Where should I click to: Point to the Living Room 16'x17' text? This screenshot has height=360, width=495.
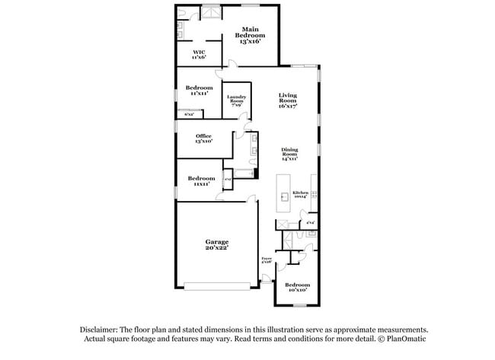tap(287, 100)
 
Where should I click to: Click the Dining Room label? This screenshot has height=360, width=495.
tap(289, 154)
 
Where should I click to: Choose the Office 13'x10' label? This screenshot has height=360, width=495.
tap(203, 139)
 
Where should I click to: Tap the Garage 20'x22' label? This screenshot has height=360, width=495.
tap(216, 244)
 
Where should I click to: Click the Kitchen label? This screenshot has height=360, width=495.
tap(301, 195)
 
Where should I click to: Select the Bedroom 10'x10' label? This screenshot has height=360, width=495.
tap(296, 287)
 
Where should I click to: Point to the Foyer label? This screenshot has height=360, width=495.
tap(267, 260)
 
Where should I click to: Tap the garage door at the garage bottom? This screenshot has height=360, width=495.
tap(218, 287)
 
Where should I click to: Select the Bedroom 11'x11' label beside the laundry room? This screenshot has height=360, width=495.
tap(199, 91)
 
